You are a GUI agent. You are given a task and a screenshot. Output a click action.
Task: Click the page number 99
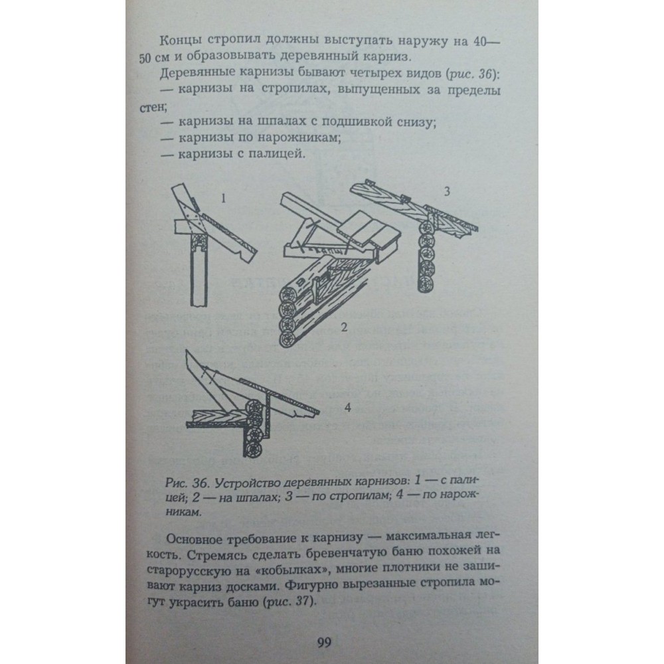pos(324,642)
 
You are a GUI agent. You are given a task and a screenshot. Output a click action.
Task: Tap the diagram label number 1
pos(223,198)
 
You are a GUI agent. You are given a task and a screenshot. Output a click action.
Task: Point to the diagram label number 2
pos(344,327)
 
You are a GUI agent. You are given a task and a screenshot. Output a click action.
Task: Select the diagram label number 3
pos(447,191)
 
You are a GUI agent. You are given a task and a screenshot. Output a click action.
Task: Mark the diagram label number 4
pos(348,408)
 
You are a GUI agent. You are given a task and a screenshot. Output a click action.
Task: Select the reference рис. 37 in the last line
pos(290,602)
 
